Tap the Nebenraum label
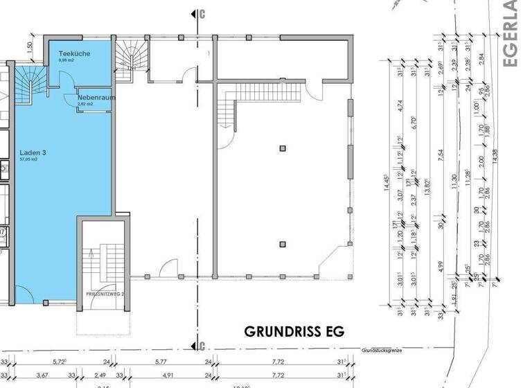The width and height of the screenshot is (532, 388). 96,98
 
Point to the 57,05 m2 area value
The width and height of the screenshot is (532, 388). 29,159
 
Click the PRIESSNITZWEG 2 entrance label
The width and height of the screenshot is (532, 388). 105,294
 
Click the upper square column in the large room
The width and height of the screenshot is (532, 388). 282,148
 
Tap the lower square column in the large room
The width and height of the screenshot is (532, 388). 282,243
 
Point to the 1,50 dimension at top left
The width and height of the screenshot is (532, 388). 29,46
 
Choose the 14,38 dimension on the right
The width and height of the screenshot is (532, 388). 494,157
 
